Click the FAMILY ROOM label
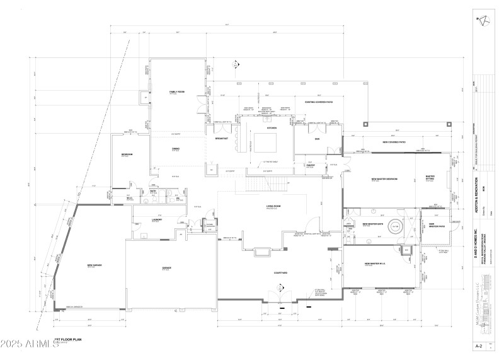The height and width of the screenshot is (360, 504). (176, 92)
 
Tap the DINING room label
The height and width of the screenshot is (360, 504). (176, 149)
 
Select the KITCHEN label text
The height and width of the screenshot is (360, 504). (272, 128)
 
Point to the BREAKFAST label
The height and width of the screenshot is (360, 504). (222, 138)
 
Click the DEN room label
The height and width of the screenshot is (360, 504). (317, 138)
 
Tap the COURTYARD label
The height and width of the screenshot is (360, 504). (281, 272)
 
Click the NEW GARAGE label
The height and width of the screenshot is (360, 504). (94, 265)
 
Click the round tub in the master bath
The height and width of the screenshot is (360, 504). (396, 226)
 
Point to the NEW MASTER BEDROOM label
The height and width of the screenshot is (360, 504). (384, 179)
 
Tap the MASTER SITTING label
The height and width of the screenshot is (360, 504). (430, 178)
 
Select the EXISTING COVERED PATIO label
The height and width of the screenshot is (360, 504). (319, 102)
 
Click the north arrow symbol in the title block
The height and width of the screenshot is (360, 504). (483, 20)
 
